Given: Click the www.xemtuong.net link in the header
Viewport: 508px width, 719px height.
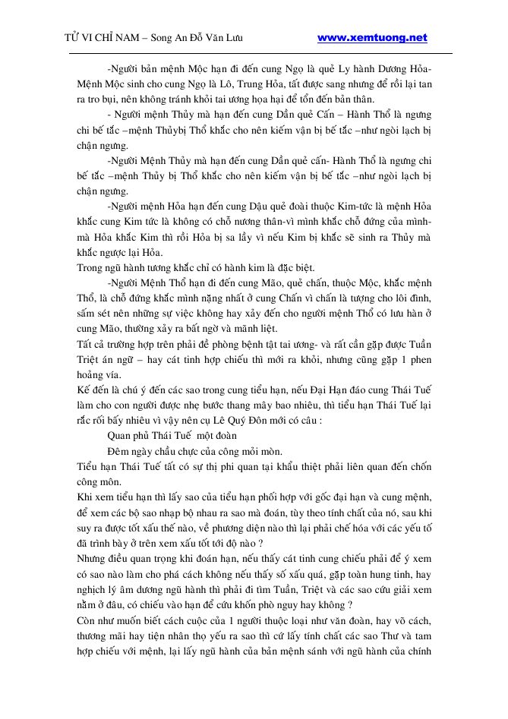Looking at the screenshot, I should pyautogui.click(x=371, y=38).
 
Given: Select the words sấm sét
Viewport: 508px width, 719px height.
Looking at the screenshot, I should pyautogui.click(x=93, y=313).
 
